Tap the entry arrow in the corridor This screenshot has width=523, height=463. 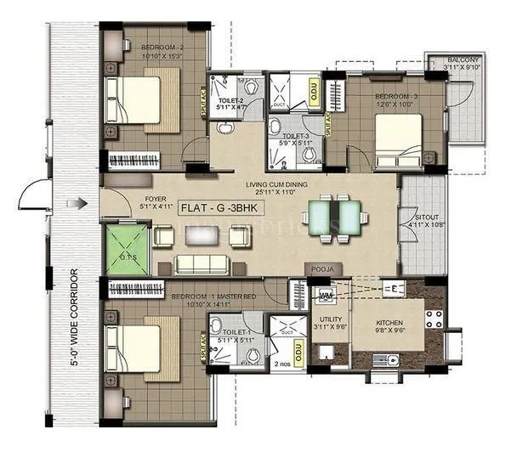pos(77,203)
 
